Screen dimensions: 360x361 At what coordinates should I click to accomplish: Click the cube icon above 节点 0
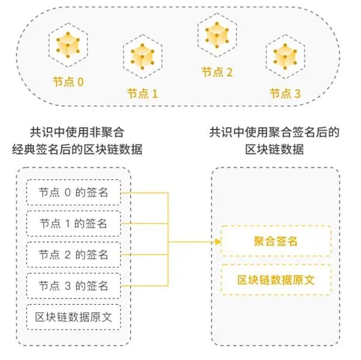point(67,44)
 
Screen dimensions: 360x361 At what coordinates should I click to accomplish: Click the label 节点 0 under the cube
point(67,80)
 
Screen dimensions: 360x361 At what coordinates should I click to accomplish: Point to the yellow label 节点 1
point(142,94)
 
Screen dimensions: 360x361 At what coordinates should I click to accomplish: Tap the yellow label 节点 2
point(217,72)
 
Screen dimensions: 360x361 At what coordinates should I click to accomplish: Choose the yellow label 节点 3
point(285,94)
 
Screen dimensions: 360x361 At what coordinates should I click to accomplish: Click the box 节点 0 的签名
point(73,193)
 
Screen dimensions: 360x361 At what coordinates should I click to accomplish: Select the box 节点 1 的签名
point(73,224)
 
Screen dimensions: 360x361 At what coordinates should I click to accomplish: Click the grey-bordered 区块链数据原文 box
point(73,316)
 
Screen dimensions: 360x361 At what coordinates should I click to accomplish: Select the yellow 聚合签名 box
point(276,241)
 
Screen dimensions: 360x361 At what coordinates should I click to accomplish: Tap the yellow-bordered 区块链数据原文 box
point(276,280)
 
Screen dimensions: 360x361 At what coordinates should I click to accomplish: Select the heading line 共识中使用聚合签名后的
point(274,132)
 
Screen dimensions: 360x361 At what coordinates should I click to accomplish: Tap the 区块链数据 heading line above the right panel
point(274,149)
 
